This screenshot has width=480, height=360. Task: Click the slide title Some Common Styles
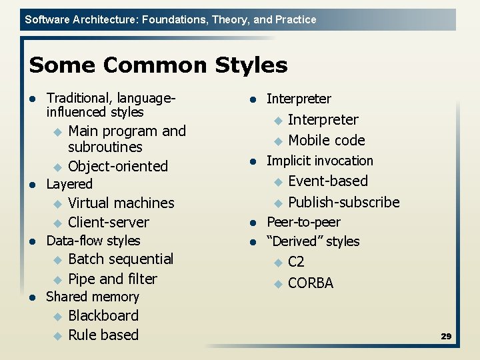coord(159,65)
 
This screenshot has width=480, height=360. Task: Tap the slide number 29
coord(446,337)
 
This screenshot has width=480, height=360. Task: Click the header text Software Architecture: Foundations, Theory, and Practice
coord(171,19)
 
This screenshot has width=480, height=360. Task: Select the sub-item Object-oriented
coord(118,166)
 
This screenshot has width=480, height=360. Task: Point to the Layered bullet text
coord(69,184)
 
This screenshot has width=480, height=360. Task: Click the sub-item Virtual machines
coord(121,203)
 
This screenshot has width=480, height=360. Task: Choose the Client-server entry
coord(109,222)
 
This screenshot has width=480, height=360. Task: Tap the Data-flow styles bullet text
coord(93,241)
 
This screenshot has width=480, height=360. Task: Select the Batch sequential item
coord(121,259)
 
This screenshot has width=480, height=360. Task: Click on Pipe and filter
coord(113,279)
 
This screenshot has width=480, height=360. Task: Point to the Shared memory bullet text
coord(93,297)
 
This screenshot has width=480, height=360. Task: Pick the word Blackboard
coord(103,315)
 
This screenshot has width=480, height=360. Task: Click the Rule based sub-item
coord(103,335)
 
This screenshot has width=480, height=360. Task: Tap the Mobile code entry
coord(327,140)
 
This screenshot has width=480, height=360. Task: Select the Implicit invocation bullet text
coord(320,161)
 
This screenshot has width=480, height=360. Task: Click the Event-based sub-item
coord(328,181)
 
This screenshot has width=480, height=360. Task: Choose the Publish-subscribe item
coord(344,202)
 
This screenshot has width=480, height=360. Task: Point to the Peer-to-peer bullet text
coord(303,222)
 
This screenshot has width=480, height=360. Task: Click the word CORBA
coord(311,283)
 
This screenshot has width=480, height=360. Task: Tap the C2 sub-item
coord(296,262)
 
